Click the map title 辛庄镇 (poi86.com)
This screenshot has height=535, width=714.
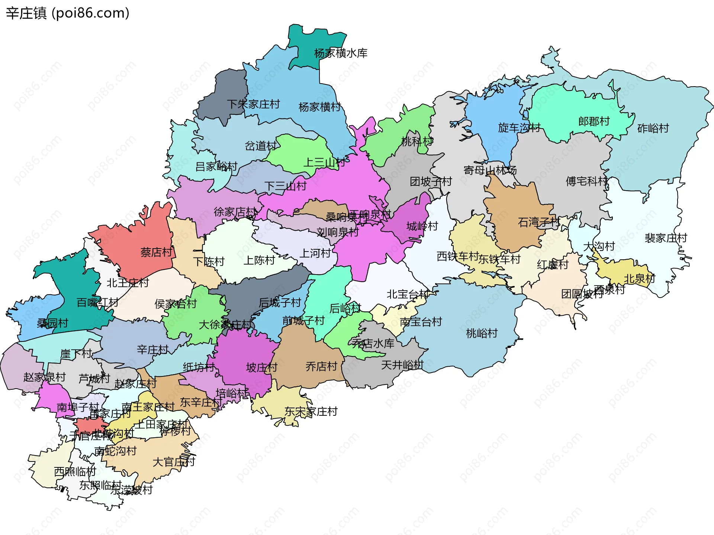(68, 13)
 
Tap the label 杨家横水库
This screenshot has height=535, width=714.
(341, 53)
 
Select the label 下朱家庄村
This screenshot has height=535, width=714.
(253, 104)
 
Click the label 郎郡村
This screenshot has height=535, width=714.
(594, 121)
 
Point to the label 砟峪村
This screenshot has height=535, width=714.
(653, 128)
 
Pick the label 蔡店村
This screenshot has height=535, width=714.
(156, 252)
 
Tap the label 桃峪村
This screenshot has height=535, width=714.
(482, 333)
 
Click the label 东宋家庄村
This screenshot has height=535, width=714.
(311, 411)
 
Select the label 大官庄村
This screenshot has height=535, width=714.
(174, 462)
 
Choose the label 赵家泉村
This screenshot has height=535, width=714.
(44, 377)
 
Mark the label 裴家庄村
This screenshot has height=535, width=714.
(666, 238)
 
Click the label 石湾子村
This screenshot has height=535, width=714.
(539, 222)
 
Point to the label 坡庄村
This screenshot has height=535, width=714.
(262, 367)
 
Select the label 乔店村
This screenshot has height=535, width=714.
(321, 366)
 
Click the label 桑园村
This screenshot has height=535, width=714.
(52, 323)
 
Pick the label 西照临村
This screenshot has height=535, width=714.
(75, 471)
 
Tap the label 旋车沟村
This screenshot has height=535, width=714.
(519, 127)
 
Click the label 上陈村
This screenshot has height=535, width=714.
(259, 260)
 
